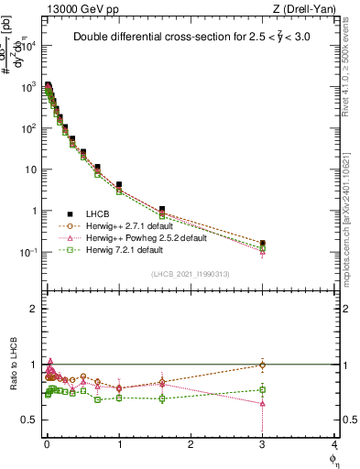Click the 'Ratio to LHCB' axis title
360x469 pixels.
12,364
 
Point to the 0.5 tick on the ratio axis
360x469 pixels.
29,420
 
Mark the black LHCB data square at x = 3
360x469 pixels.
263,244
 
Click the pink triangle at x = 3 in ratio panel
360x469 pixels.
263,403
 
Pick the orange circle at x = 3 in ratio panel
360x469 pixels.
263,365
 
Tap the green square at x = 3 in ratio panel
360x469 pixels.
263,390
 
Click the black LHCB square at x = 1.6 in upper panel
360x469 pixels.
162,210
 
